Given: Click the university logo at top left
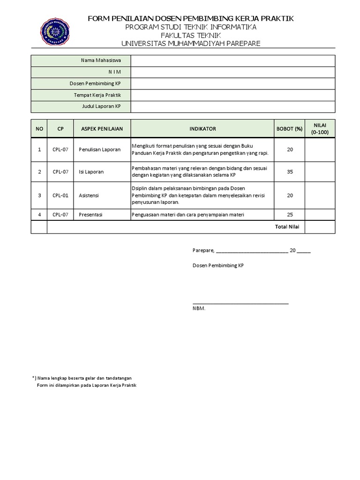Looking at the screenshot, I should [55, 31].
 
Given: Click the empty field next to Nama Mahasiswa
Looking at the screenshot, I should [232, 60].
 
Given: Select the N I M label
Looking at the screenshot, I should [114, 72].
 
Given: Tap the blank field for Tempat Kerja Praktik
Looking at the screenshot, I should [232, 95].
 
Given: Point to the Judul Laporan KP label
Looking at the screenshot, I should [101, 107].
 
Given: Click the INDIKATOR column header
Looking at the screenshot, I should [202, 128].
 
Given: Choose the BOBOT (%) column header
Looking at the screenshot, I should [289, 128].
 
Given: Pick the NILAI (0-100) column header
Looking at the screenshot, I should [320, 128].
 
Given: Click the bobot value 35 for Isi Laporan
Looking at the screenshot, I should [290, 172].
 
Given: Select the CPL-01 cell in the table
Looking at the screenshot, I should [60, 195].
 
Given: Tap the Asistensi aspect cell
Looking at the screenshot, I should [89, 195].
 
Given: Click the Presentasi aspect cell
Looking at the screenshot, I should [91, 215].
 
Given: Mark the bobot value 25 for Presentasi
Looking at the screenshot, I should [290, 215].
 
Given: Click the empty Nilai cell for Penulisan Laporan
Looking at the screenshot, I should [320, 150].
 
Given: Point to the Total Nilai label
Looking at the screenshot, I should [287, 227].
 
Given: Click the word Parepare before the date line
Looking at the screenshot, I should [203, 250].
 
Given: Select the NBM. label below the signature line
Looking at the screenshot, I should [199, 308].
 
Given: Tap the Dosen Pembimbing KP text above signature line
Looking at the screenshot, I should [218, 265].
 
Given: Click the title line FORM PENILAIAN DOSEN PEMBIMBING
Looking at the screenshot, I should [191, 18].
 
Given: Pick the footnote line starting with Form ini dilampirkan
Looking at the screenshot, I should [86, 385].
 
